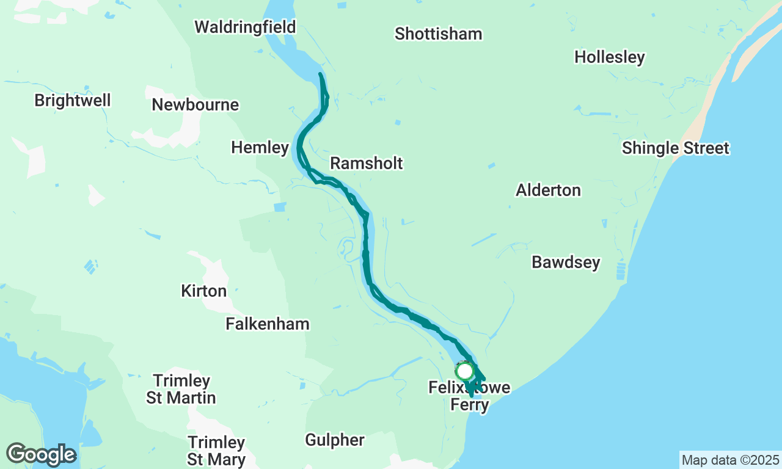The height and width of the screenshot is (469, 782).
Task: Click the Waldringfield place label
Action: pos(245,27)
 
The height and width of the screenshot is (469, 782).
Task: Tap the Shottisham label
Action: pos(438,34)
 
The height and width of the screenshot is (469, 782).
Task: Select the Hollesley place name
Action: pos(609,57)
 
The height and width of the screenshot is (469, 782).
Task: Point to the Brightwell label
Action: pos(73,100)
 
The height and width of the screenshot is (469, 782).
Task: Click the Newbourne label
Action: pos(195,105)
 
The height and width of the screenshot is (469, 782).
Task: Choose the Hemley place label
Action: pos(260,148)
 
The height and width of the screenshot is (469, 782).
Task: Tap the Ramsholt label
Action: pos(367,164)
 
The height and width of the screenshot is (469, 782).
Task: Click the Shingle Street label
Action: pos(675,148)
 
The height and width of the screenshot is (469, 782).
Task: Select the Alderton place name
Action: pos(548,191)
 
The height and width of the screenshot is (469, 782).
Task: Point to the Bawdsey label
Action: pos(566,263)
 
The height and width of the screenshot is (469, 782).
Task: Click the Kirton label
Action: pos(204,291)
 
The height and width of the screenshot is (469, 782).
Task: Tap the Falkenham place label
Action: pos(268,324)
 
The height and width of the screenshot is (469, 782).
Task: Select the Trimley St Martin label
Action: pos(181,390)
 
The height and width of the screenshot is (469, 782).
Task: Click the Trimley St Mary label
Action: pos(216,451)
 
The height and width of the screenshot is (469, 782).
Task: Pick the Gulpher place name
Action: pos(335,440)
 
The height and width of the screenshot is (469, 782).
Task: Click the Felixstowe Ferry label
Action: pos(469,396)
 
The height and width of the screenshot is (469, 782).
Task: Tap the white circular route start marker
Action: pos(465,371)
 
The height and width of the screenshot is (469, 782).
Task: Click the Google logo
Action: pos(41,455)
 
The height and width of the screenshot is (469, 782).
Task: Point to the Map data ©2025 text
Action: pos(730,460)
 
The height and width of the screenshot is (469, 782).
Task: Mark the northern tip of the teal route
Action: pos(321,75)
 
